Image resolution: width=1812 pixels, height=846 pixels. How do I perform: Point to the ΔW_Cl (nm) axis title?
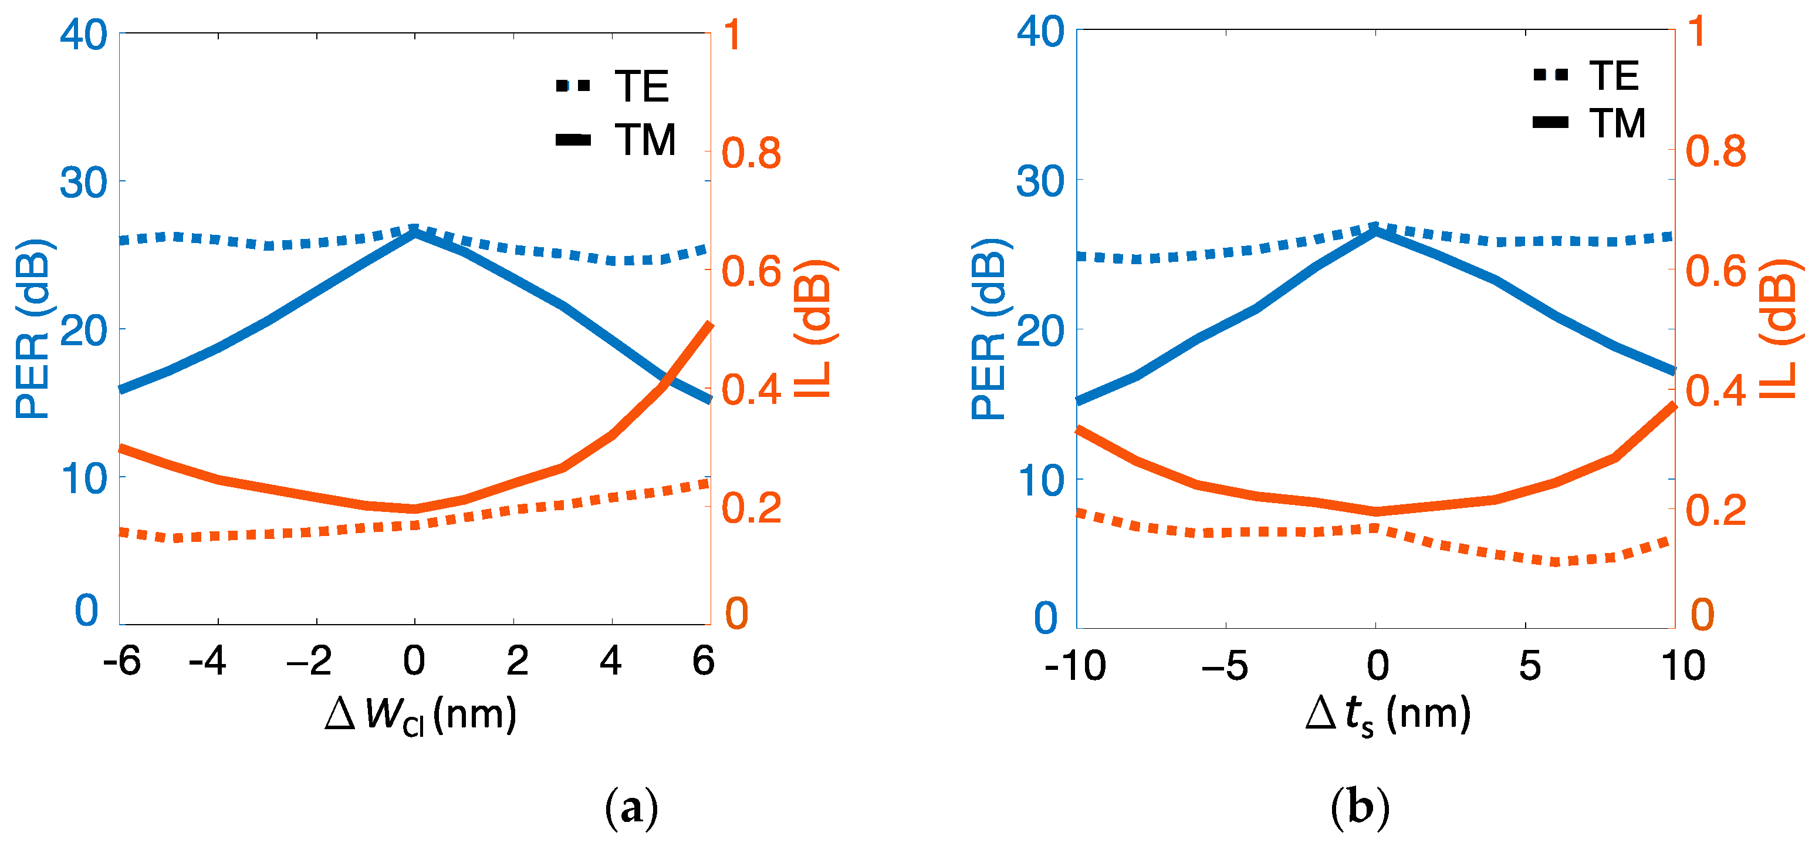421,715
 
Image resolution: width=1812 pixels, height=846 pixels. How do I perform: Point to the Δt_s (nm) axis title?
1387,715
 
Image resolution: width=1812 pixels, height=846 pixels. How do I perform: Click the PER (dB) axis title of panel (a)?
33,329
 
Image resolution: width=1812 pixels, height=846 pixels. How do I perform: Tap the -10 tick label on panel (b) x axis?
1075,666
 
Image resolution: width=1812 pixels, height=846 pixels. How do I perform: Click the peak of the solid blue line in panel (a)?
415,232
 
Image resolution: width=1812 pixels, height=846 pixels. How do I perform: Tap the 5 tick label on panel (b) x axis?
1529,666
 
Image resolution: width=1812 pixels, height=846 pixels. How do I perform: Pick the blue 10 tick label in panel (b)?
1040,480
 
